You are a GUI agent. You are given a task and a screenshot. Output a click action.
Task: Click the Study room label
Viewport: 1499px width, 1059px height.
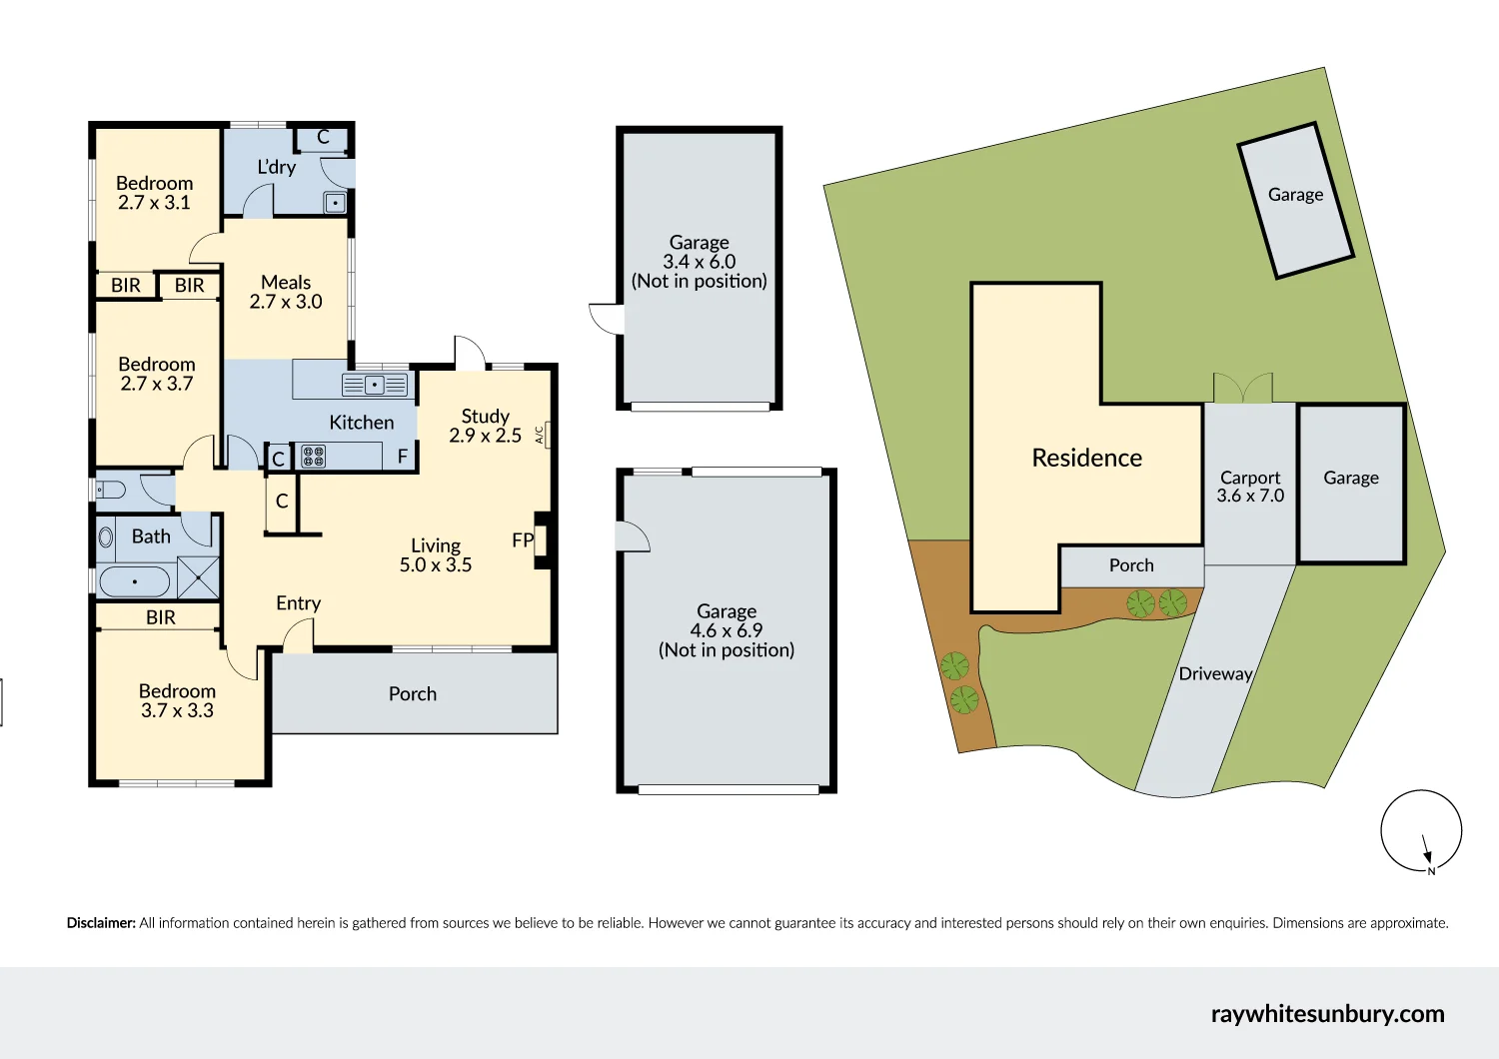point(485,416)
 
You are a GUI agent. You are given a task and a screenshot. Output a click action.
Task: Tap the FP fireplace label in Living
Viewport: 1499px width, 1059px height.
point(523,540)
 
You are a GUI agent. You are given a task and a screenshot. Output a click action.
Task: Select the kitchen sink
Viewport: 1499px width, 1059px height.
point(375,385)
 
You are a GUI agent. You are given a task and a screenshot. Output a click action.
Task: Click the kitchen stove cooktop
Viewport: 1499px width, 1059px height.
point(313,457)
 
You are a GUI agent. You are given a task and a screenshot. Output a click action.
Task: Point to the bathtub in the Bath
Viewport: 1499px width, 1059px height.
point(135,581)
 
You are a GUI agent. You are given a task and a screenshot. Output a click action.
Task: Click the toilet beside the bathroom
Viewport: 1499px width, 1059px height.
point(110,490)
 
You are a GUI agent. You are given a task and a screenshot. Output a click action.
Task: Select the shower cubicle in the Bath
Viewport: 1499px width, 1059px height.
point(198,577)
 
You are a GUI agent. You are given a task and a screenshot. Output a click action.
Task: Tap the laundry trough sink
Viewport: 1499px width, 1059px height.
point(335,203)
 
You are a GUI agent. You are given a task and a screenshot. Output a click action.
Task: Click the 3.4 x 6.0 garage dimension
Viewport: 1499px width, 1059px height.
point(699,262)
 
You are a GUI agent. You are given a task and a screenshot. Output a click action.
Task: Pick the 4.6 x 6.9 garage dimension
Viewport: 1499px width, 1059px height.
point(726,630)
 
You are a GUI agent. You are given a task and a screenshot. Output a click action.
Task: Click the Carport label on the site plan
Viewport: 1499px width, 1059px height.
point(1249,478)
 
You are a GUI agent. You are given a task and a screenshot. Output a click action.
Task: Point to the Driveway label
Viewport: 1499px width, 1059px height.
point(1215,673)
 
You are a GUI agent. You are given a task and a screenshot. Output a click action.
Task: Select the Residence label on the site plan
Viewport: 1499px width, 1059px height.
point(1086,458)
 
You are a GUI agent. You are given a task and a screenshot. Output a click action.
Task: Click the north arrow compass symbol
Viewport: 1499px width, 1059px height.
point(1421,831)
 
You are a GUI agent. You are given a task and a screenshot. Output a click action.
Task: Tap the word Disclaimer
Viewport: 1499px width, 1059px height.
point(101,923)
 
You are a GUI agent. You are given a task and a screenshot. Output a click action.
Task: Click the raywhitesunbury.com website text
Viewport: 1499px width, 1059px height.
point(1327,1013)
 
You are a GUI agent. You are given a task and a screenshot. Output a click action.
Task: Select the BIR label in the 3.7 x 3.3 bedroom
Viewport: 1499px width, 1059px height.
point(160,617)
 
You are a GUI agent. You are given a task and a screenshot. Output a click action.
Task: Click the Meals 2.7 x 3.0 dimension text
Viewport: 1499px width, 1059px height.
point(286,302)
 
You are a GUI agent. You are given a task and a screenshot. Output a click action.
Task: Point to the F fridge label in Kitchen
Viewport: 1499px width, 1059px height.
point(403,457)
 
